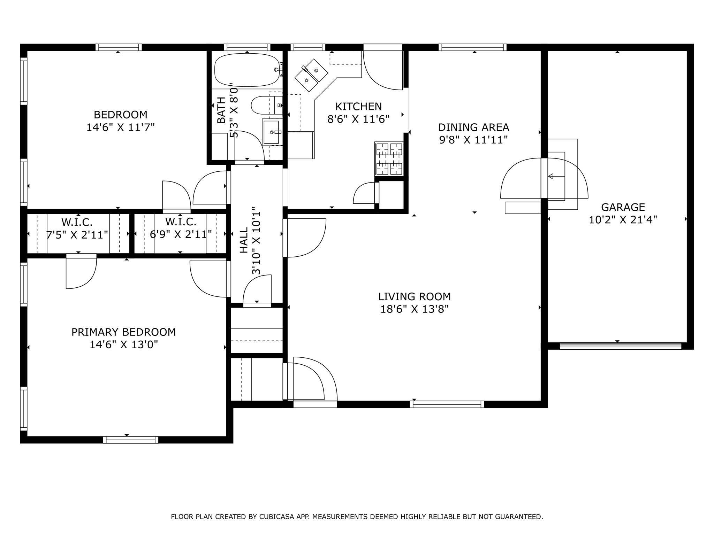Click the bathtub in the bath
coord(247,70)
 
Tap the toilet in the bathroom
coord(267,105)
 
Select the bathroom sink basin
coord(271,132)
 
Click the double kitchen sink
coord(311,75)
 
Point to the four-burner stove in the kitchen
coord(389,158)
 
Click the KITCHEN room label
coord(358,106)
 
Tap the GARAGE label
coord(623,207)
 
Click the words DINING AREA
coord(473,127)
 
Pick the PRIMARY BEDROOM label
coord(123,332)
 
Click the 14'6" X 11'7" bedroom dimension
coord(120,127)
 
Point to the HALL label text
coord(244,240)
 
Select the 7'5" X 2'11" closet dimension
coord(77,235)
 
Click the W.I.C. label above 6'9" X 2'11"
coord(181,222)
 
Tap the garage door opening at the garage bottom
coord(620,346)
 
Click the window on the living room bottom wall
coord(447,404)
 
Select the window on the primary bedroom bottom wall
coord(131,440)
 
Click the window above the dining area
coord(472,47)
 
